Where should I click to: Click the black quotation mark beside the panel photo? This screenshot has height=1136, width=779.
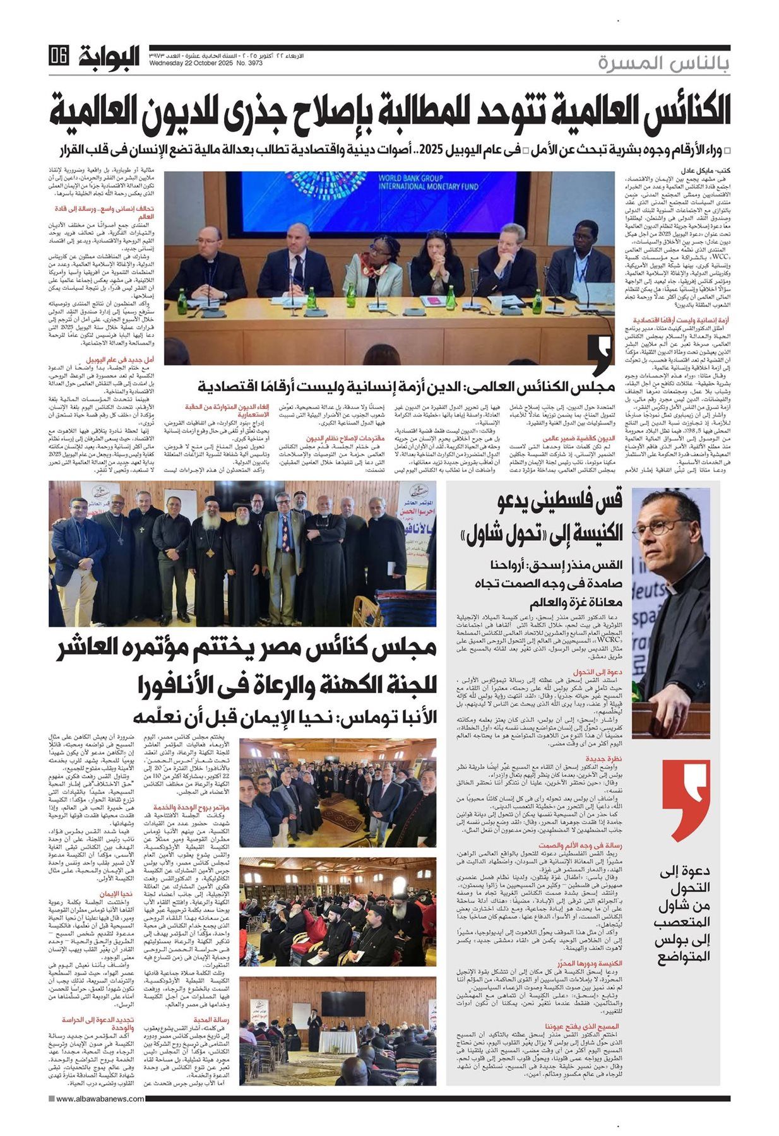(600, 357)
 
